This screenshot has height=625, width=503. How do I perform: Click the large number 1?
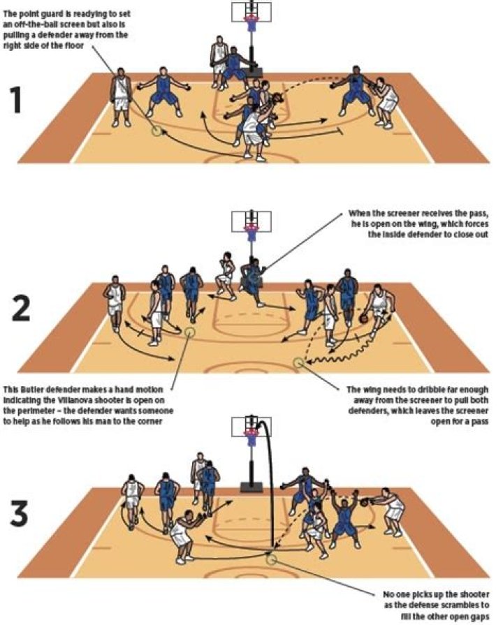pos(16,100)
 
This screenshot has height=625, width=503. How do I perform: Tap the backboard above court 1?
pos(251,12)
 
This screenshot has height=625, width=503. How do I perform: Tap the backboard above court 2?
pos(251,221)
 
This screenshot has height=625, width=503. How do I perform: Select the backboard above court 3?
pos(251,427)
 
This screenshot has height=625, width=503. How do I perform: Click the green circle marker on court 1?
pos(156,130)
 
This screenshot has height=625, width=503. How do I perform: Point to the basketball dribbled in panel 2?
pos(363,319)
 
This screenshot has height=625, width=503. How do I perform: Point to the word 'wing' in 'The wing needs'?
pos(371,390)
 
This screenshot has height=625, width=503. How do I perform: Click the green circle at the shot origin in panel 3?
pos(271,559)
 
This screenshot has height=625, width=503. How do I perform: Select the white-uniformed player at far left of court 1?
pos(122,97)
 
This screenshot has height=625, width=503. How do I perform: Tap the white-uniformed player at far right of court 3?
pos(392,511)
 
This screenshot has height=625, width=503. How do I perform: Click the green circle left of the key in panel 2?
pos(189,332)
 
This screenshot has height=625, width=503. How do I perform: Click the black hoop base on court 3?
pos(251,487)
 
